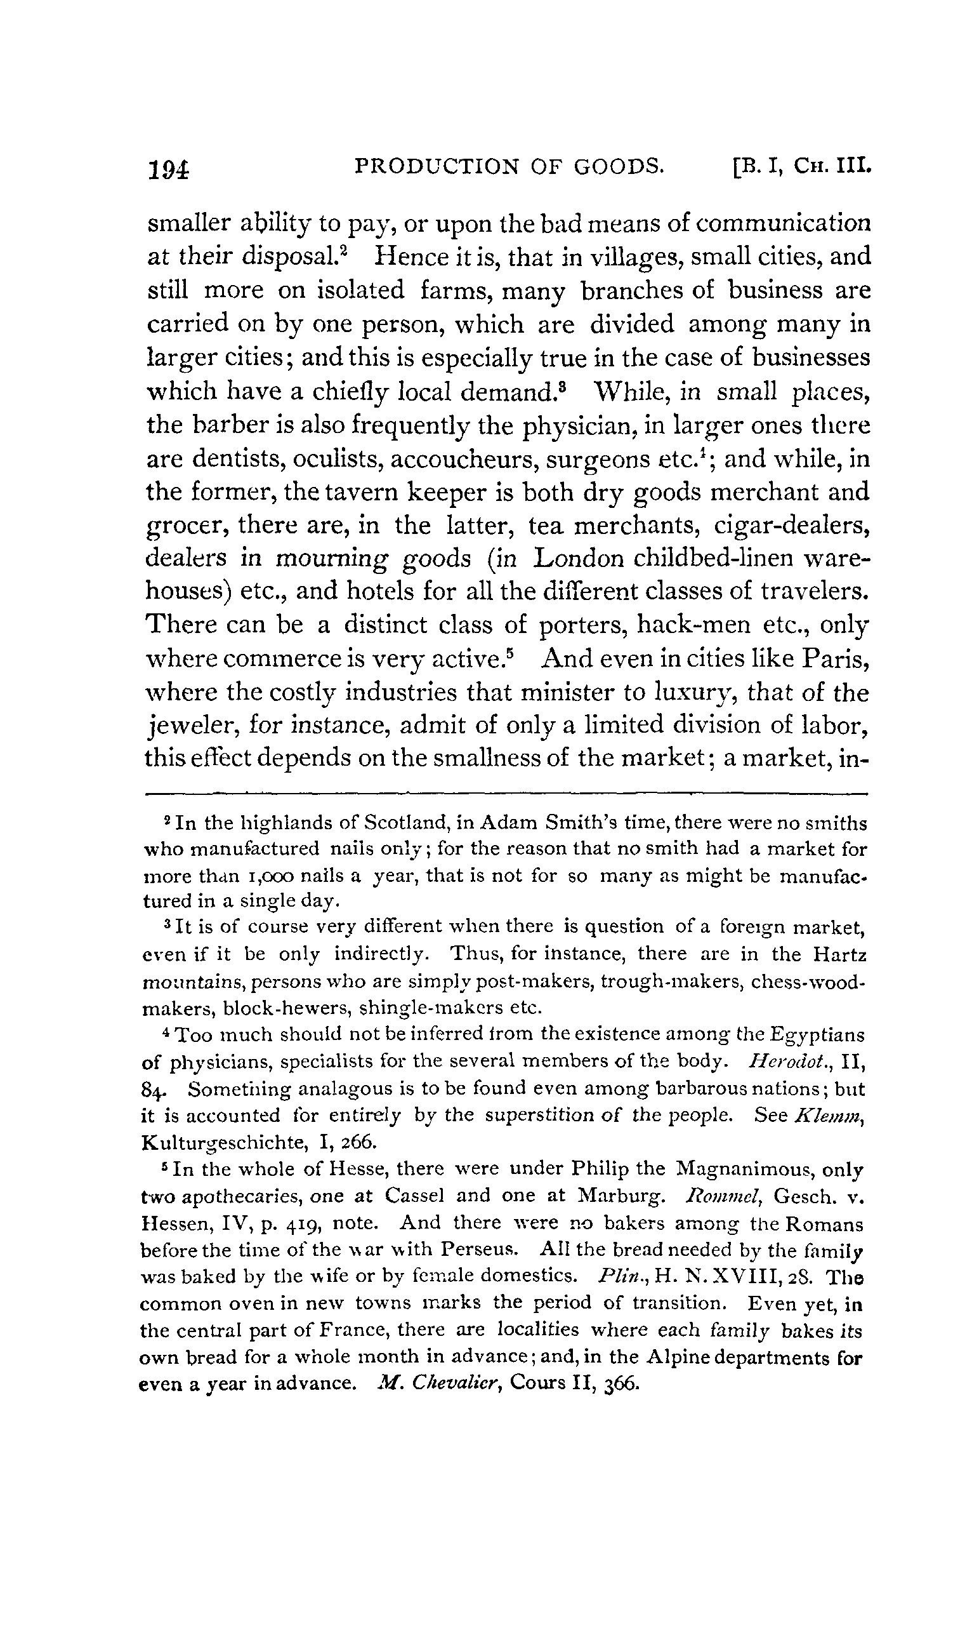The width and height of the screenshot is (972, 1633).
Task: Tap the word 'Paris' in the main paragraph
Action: pos(835,658)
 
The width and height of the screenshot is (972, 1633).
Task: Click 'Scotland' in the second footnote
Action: pos(404,822)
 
